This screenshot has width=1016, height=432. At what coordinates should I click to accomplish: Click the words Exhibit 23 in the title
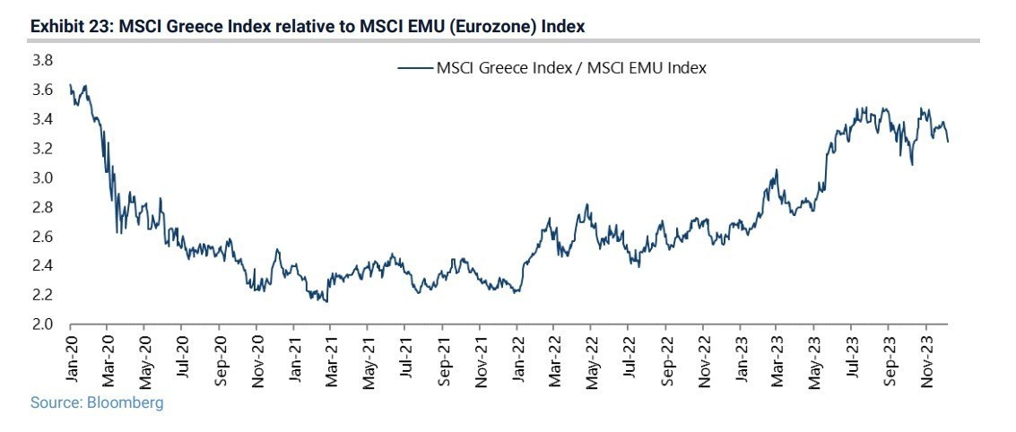65,27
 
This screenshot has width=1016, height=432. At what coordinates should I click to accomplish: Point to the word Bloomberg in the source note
125,403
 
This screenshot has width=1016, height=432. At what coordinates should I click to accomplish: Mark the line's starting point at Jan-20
71,85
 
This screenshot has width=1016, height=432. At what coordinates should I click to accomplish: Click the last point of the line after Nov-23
948,141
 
